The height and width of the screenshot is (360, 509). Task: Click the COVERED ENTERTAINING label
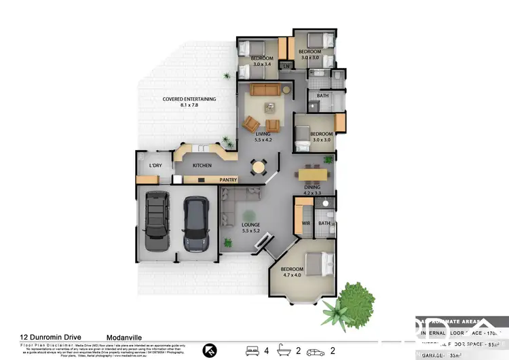point(189,99)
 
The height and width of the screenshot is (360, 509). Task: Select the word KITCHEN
point(202,165)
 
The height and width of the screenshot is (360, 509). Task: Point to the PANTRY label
point(228,180)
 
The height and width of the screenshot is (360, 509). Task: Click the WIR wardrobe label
point(305,223)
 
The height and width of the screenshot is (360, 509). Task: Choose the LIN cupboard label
point(286,65)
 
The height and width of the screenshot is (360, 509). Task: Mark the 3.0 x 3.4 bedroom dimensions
point(261,66)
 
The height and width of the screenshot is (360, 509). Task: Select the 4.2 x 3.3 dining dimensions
point(312,193)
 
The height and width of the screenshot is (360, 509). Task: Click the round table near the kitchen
point(258,166)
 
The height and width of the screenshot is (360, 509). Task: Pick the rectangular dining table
point(313,173)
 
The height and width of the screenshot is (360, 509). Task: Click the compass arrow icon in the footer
point(210,350)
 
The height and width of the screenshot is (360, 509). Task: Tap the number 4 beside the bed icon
point(266,350)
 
